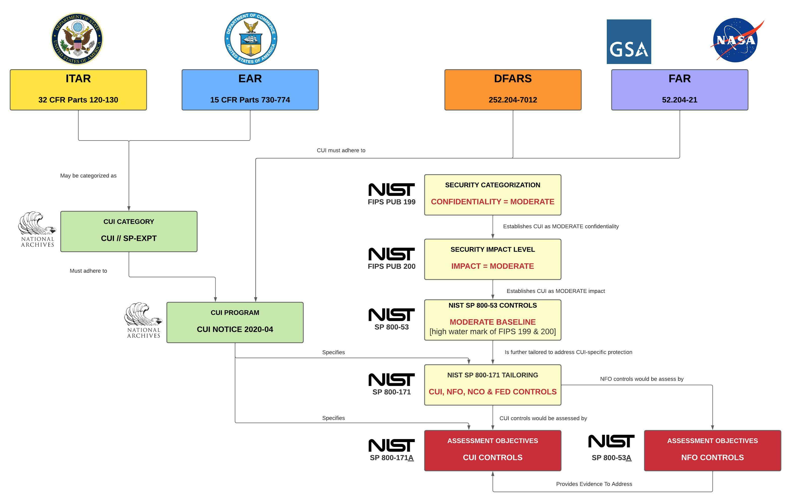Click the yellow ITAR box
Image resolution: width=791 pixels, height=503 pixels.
[78, 89]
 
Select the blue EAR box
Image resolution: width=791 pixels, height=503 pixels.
[250, 89]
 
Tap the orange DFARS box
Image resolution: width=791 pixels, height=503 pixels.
[513, 89]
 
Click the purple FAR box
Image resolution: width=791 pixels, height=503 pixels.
[679, 89]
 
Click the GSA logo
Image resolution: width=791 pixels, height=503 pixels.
[629, 42]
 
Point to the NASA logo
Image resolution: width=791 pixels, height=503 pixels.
[736, 40]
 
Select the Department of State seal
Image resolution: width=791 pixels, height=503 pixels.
[77, 39]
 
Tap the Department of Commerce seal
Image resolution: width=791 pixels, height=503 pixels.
[251, 38]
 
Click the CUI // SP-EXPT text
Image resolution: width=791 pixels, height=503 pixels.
[129, 238]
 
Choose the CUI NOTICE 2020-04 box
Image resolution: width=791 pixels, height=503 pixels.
[235, 322]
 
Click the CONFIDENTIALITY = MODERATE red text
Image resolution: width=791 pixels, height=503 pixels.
[492, 202]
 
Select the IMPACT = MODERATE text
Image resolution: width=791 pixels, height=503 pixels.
[492, 266]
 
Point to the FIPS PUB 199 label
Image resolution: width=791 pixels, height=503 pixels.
[391, 202]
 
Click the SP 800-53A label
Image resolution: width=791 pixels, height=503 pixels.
[611, 458]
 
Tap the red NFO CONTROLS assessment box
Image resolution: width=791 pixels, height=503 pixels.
[712, 450]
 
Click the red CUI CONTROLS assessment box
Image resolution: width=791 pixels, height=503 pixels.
[492, 450]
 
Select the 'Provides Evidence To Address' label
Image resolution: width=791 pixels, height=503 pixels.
[594, 484]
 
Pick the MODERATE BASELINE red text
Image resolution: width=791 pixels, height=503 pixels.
[492, 322]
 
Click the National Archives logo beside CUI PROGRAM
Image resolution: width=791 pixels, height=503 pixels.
[143, 320]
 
